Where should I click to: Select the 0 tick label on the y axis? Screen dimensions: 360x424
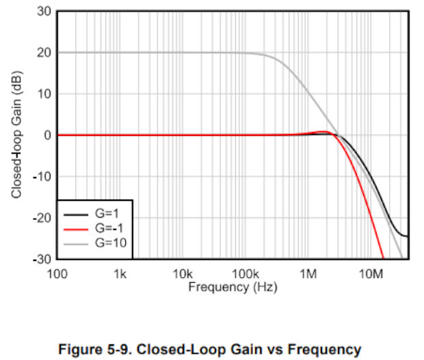tap(48, 135)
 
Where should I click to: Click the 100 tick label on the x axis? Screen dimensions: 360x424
tap(57, 274)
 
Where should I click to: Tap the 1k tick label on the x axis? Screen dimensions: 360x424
tap(120, 274)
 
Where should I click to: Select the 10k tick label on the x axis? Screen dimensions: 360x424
tap(183, 274)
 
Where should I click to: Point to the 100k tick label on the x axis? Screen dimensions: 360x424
tap(246, 274)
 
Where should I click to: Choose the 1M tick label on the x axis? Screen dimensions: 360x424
tap(308, 274)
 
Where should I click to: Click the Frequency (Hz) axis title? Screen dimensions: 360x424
tap(233, 287)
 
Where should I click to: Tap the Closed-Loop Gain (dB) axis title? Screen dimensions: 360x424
tap(16, 135)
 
